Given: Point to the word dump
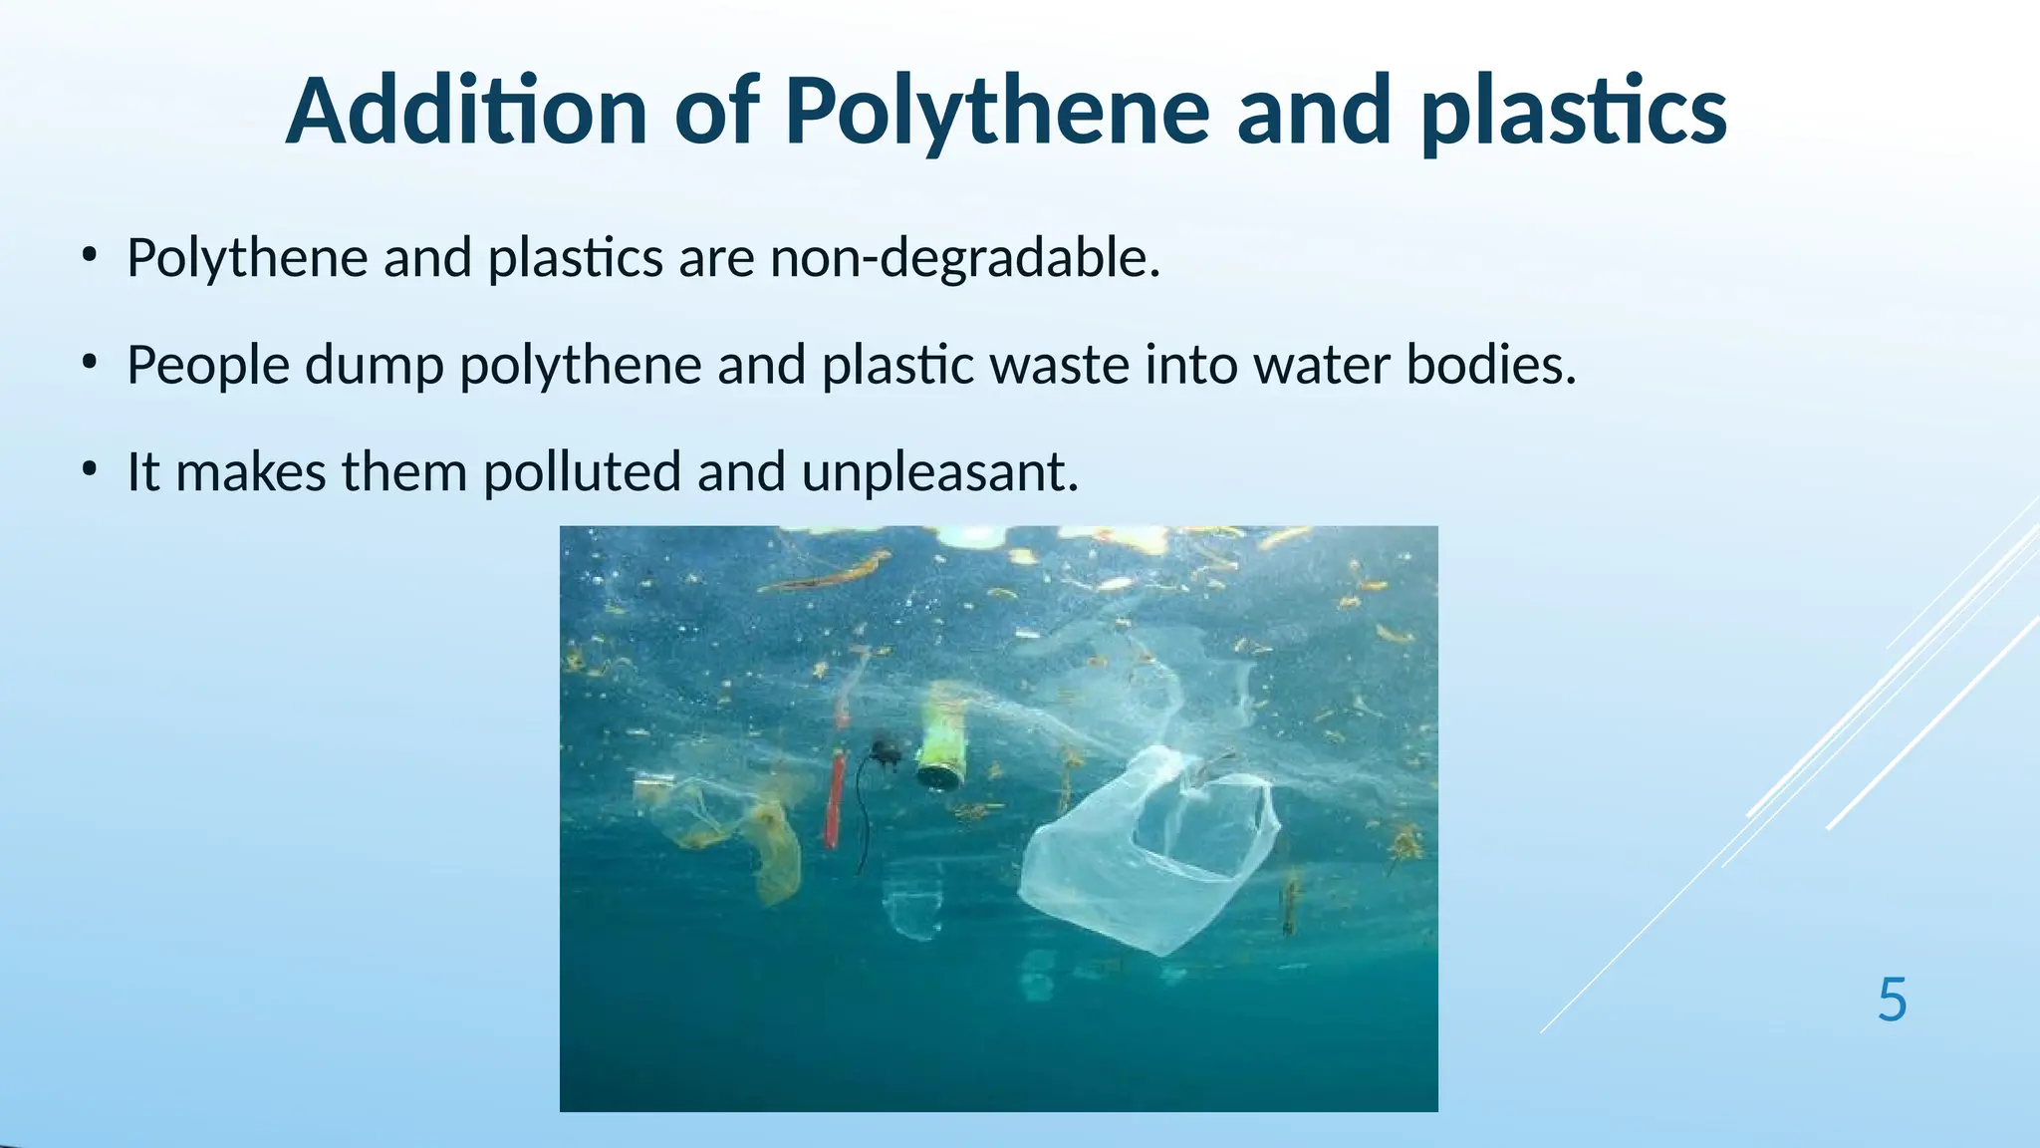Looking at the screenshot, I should click(x=374, y=365).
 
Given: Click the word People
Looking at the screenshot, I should click(x=208, y=365).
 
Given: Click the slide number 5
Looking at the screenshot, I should click(x=1892, y=1000).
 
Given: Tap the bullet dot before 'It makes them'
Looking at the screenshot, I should click(x=91, y=468).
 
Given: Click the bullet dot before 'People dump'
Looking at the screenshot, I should click(x=91, y=362).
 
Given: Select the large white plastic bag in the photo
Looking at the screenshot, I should click(x=1146, y=857).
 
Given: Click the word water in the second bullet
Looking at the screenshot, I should click(x=1321, y=365).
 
